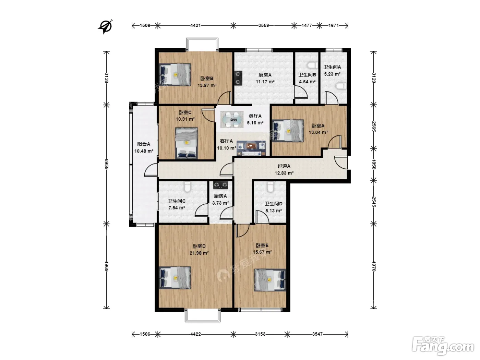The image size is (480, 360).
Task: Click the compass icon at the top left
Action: (x=105, y=27)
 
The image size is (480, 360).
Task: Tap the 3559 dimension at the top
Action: (x=264, y=25)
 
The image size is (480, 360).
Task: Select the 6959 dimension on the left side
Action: (x=107, y=164)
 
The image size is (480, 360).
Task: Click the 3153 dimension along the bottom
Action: (x=260, y=334)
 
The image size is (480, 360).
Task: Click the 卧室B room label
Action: (x=207, y=78)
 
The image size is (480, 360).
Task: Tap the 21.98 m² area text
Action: (x=199, y=253)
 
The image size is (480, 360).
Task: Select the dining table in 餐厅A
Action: (x=232, y=120)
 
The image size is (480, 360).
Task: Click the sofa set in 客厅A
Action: (x=251, y=148)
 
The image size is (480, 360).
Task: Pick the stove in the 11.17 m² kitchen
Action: (x=238, y=78)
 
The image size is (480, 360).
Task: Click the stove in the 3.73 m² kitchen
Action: (x=220, y=185)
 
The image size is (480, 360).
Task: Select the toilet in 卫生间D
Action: (x=270, y=187)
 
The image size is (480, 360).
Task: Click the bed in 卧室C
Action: (x=187, y=143)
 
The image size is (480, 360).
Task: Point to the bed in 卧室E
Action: (x=270, y=280)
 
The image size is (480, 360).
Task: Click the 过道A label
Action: (x=284, y=166)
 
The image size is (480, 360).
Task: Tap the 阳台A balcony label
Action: (x=143, y=144)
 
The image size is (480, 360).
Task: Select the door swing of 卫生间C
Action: (x=201, y=210)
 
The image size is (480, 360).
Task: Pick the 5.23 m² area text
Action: (x=332, y=74)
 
